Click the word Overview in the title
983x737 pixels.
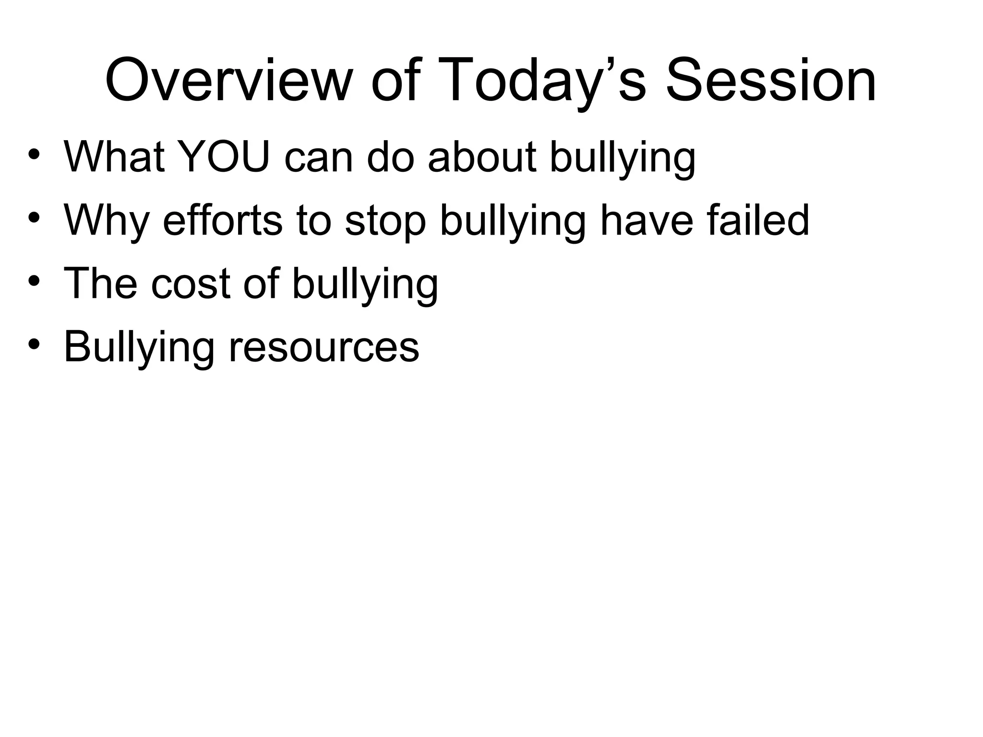point(226,81)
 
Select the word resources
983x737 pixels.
point(324,347)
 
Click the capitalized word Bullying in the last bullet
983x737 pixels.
point(139,347)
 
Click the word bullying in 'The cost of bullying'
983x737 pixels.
point(365,284)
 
